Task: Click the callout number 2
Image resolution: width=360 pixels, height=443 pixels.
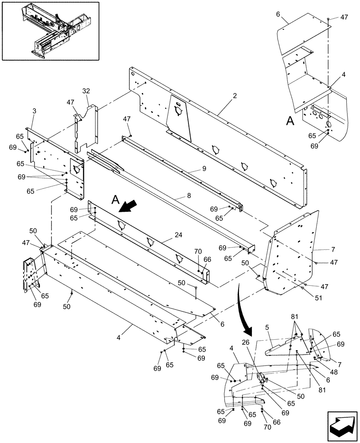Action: point(235,96)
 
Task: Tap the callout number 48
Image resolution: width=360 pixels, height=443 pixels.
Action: point(334,372)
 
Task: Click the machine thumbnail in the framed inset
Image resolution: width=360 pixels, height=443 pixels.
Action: point(50,30)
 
